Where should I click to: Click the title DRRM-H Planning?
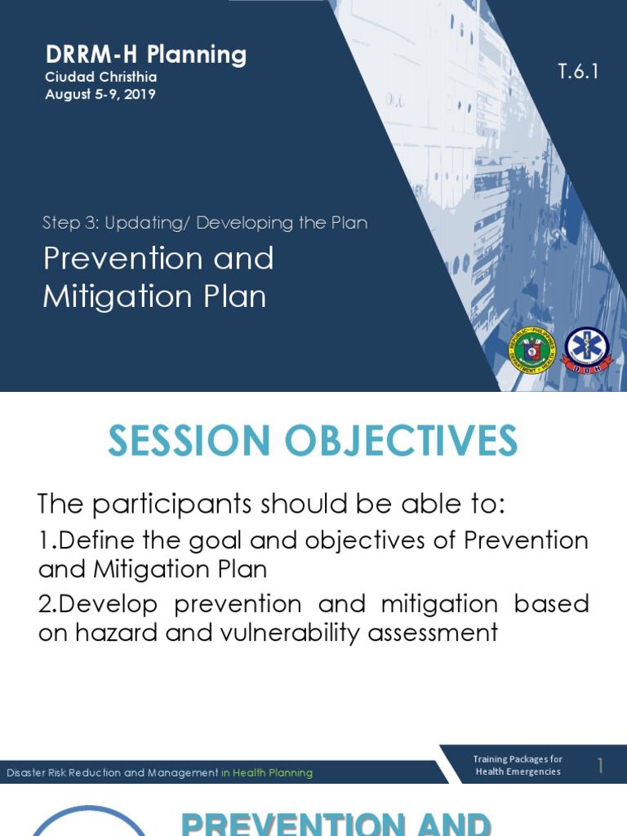click(x=145, y=55)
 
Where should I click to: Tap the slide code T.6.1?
click(x=578, y=72)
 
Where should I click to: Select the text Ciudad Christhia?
click(x=100, y=77)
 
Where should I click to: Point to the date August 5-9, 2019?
click(x=100, y=94)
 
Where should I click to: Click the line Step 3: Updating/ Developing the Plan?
click(x=205, y=222)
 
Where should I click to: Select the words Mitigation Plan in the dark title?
click(x=154, y=296)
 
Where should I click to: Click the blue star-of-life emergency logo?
click(x=585, y=351)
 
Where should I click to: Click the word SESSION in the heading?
click(x=189, y=442)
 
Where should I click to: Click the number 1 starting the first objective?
click(x=45, y=540)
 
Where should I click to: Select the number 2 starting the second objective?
click(x=46, y=603)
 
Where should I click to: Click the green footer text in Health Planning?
click(x=266, y=772)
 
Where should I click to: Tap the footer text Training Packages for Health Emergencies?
click(x=518, y=765)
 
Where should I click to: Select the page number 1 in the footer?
click(x=600, y=765)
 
